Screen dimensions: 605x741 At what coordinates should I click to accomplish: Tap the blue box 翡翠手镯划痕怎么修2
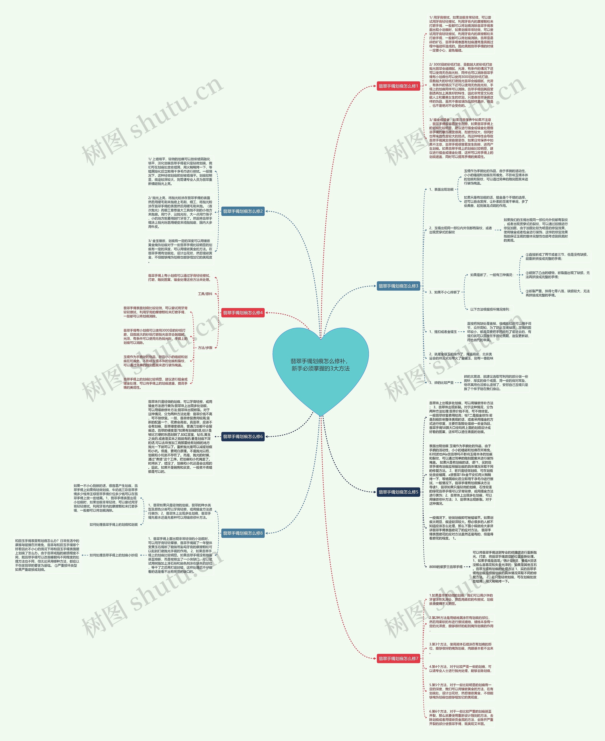(x=243, y=211)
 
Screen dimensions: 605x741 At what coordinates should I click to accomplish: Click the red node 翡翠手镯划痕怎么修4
(x=243, y=313)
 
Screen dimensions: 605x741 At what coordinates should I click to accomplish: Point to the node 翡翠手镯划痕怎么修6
(x=243, y=437)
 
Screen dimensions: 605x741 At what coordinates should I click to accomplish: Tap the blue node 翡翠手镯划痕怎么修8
(x=243, y=533)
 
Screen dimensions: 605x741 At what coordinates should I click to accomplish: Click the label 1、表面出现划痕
(x=441, y=189)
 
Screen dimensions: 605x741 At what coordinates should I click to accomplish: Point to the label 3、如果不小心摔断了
(x=444, y=292)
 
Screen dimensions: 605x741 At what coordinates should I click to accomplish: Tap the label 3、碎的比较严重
(x=441, y=382)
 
